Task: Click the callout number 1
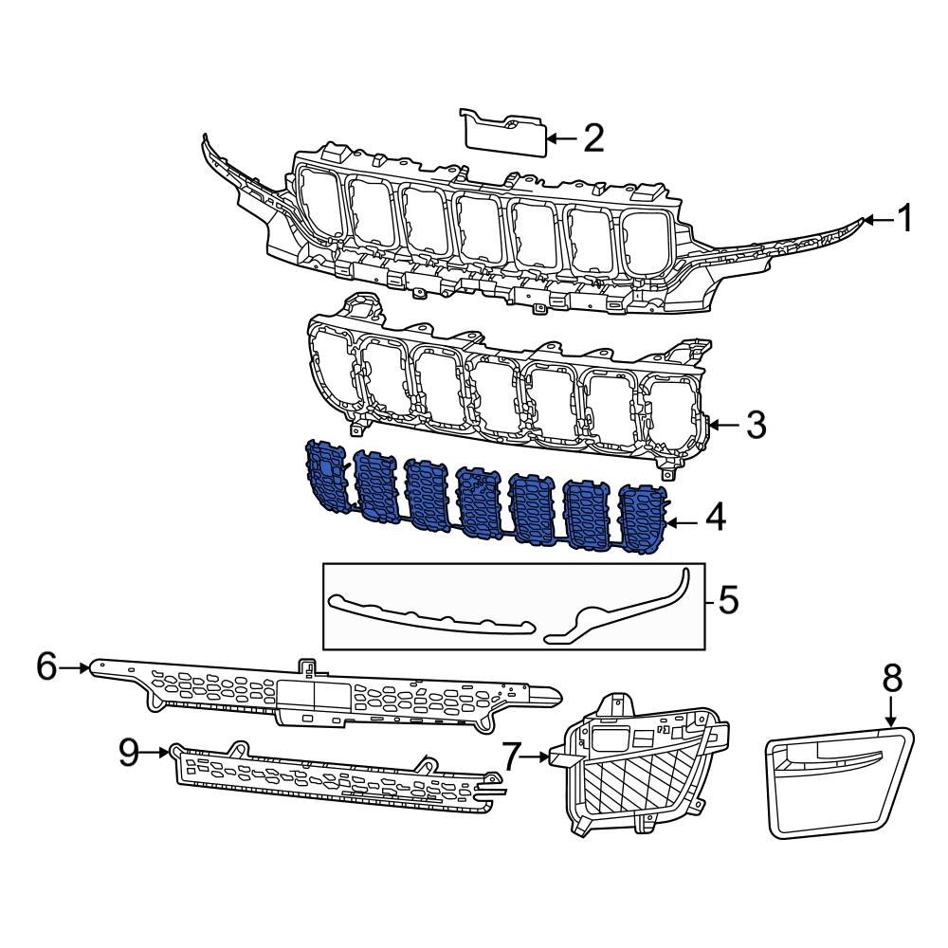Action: click(904, 220)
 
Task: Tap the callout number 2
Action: click(592, 138)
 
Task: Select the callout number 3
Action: click(755, 425)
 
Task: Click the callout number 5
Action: click(727, 600)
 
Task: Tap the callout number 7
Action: click(512, 757)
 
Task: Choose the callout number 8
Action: click(892, 679)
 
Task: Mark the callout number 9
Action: click(130, 753)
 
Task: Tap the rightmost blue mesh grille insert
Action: click(642, 517)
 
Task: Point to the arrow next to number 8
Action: click(891, 713)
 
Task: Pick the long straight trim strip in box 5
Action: click(431, 617)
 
